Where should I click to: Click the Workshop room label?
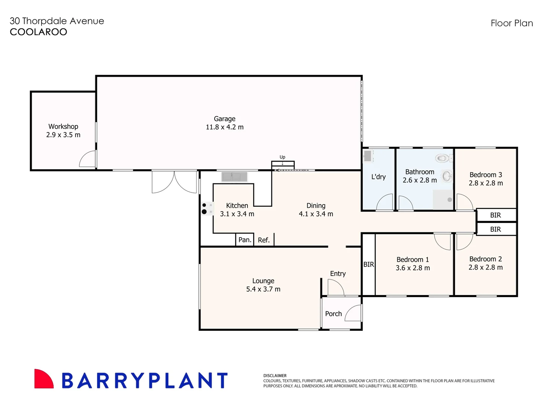(x=63, y=127)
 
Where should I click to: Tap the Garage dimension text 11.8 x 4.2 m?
(x=224, y=127)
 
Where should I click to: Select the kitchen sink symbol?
(x=234, y=176)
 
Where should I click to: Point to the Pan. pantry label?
(x=245, y=240)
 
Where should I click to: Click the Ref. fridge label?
(x=264, y=240)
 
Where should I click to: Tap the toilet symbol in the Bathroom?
(x=442, y=158)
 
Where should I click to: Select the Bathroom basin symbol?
(x=447, y=176)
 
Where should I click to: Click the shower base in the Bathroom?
(x=443, y=200)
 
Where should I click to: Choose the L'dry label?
(x=379, y=177)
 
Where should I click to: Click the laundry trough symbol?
(x=368, y=156)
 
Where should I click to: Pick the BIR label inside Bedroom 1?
(x=369, y=265)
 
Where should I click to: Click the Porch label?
(x=333, y=314)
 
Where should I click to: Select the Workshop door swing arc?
(x=87, y=159)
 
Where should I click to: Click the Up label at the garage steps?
(x=282, y=157)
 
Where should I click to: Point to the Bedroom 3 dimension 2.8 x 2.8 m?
(x=485, y=183)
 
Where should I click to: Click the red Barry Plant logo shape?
(x=43, y=379)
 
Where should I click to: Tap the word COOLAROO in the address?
(x=38, y=32)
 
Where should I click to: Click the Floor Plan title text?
(x=511, y=23)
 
